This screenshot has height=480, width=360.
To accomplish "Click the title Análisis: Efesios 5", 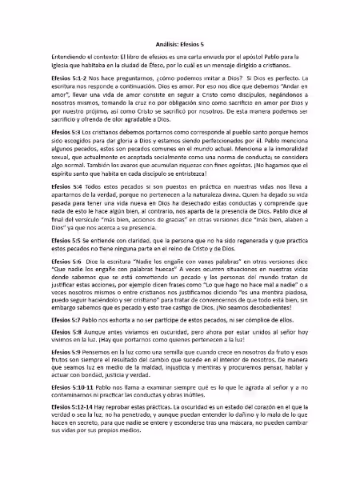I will [180, 46].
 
